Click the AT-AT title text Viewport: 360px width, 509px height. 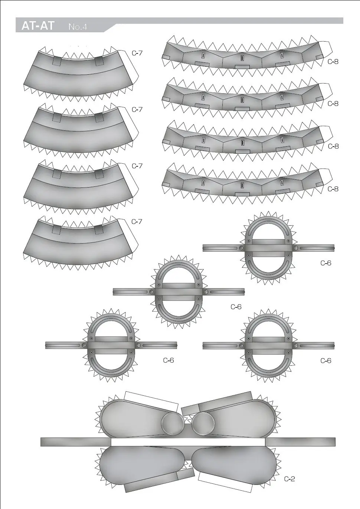38,26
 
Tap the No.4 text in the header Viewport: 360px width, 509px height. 78,27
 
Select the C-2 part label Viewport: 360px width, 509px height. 289,479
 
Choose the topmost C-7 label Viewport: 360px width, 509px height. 137,53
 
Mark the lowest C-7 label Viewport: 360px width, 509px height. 137,222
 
